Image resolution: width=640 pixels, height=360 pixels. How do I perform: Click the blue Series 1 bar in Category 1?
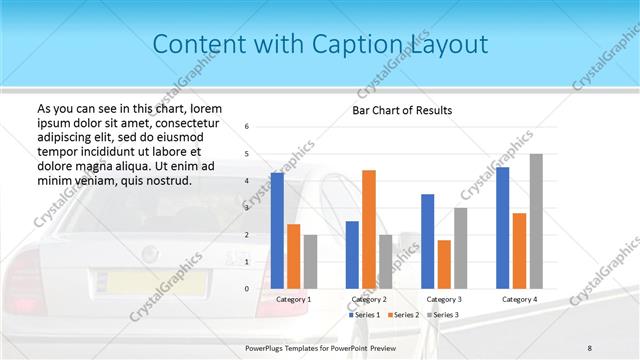[277, 231]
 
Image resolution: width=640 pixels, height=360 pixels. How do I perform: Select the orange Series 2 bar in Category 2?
[369, 229]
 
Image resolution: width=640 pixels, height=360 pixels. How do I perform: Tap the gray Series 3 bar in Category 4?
[536, 221]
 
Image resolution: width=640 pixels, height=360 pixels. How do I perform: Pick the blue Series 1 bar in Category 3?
[428, 241]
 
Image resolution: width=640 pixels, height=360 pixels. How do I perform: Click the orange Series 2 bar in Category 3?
[444, 264]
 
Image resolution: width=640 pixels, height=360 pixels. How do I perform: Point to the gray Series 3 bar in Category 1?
[310, 262]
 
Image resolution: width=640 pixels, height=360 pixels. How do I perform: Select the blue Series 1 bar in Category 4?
[503, 228]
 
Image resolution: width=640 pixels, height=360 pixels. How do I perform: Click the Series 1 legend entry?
[364, 315]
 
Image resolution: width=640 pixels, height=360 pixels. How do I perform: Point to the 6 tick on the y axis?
[248, 127]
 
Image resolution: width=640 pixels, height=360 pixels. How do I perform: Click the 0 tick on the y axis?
[248, 289]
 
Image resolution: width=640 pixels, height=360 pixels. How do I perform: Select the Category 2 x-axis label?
[369, 299]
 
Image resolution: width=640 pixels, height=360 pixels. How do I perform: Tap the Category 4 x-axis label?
[520, 299]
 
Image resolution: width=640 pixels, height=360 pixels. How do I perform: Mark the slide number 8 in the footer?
[590, 347]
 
